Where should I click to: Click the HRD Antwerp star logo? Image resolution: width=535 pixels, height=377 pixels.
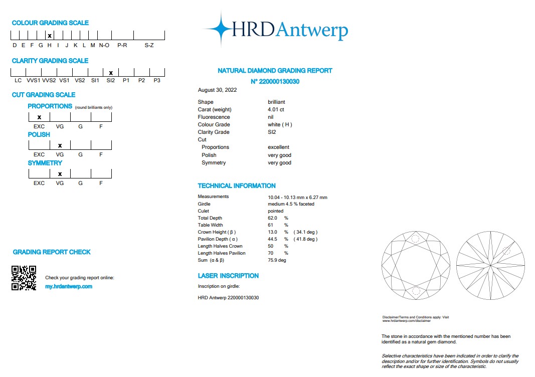click(x=219, y=29)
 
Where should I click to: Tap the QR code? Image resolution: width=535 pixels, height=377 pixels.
click(x=24, y=278)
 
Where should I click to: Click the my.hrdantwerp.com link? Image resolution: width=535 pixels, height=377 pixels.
click(x=69, y=286)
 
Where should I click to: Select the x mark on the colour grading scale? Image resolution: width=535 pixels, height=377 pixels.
click(x=49, y=36)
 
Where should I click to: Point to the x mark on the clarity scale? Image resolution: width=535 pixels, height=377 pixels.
click(x=111, y=73)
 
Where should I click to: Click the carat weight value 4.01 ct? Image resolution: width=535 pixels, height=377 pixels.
click(x=276, y=109)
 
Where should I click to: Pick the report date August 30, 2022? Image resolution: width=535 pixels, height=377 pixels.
click(x=218, y=90)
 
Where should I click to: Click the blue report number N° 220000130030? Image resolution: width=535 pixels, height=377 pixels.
click(x=275, y=81)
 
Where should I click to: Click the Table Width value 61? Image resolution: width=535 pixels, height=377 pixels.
click(x=271, y=225)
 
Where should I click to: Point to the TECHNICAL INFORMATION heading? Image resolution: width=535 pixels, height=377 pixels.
click(x=237, y=185)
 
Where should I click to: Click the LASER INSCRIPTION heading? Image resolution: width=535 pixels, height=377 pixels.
click(x=228, y=276)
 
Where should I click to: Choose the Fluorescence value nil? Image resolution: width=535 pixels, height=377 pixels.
click(x=271, y=117)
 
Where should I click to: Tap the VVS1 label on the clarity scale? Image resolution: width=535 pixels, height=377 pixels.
click(x=34, y=80)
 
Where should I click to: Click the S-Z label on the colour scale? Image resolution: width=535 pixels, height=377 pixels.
click(x=149, y=45)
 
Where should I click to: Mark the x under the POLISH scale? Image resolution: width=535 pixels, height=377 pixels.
click(x=60, y=145)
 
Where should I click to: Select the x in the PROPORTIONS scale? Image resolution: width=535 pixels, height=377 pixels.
click(x=39, y=117)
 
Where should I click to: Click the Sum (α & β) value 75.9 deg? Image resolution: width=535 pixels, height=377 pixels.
click(x=277, y=260)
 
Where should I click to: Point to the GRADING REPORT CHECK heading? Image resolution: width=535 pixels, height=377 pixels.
click(x=52, y=252)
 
